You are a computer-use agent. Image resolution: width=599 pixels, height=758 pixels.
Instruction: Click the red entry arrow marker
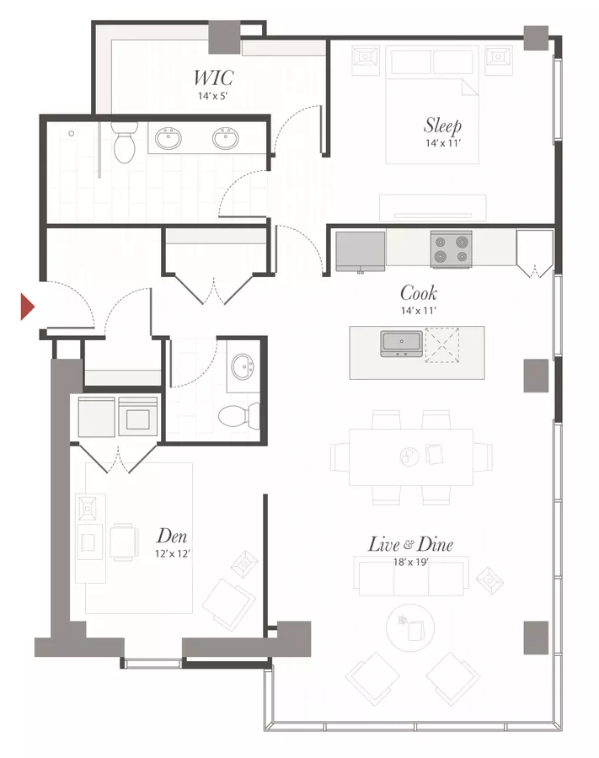27,307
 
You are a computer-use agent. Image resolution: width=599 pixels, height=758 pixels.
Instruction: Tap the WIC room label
213,77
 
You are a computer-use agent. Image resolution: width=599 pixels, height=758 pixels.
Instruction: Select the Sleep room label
442,125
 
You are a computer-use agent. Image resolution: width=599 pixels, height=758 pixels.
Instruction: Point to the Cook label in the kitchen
419,293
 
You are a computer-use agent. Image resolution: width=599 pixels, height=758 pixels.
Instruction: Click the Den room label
172,536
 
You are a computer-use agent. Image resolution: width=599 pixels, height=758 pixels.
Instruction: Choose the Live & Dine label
410,544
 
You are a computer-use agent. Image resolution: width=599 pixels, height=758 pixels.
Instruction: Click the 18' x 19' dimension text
411,563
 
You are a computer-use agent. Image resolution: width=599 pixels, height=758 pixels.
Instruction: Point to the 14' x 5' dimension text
212,96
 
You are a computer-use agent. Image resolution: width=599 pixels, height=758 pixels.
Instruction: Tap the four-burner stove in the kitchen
451,249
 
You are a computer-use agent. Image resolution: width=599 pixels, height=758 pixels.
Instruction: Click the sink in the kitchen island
402,344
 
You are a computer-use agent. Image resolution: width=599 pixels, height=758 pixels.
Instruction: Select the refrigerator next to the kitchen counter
361,251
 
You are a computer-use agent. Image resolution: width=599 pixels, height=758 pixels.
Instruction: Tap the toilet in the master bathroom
125,142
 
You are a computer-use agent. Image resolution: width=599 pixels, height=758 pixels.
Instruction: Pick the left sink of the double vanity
168,138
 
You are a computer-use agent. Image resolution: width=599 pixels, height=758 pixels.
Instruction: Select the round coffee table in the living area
410,627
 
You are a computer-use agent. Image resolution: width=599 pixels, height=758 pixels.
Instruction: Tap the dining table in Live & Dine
411,456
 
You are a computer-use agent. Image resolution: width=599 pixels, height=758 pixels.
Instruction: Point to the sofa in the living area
411,576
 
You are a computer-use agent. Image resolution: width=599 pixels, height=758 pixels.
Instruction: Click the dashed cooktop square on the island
441,345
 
